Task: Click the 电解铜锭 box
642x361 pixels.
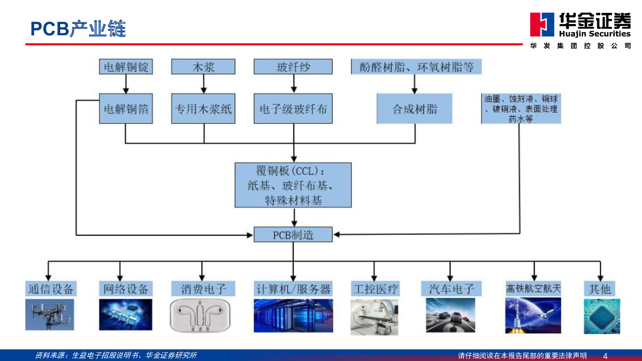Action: coord(126,67)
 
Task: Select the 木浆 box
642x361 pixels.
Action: coord(203,67)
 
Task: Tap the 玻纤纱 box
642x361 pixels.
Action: coord(293,67)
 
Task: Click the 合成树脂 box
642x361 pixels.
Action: coord(414,109)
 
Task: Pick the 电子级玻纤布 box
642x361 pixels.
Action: coord(293,109)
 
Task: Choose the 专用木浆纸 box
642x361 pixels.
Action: coord(203,109)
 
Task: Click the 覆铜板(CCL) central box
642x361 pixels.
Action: coord(293,185)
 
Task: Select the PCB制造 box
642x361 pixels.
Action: coord(293,235)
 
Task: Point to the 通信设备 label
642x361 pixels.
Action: coord(51,289)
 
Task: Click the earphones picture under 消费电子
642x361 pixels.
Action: coord(200,315)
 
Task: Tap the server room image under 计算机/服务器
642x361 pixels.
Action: coord(293,315)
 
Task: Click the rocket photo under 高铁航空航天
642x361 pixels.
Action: coord(533,315)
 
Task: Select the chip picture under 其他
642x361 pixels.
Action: coord(602,316)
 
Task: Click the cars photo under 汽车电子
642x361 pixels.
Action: coord(451,315)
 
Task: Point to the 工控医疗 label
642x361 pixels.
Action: coord(375,289)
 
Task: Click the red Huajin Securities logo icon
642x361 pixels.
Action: coord(542,24)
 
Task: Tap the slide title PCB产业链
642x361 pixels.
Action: coord(78,29)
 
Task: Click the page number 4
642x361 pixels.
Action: coord(605,356)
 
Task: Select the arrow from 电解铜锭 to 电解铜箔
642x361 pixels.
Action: coord(126,84)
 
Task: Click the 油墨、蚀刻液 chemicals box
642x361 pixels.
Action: coord(521,109)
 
